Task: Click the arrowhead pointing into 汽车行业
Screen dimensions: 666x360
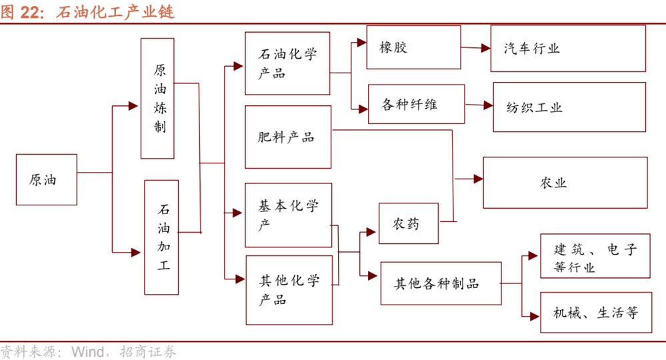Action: click(x=485, y=48)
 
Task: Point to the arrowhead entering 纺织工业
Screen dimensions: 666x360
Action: click(x=488, y=105)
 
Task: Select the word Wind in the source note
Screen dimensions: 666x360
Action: click(x=88, y=351)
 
